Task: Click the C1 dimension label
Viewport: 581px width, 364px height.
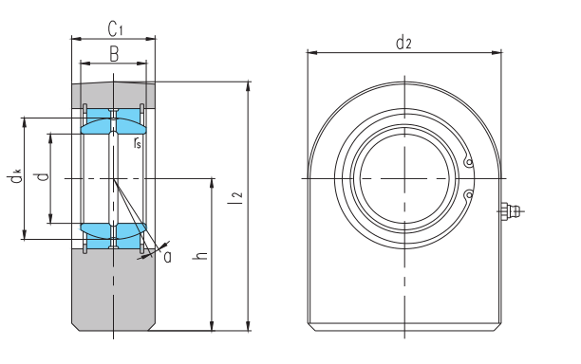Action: click(115, 29)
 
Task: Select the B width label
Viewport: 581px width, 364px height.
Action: click(114, 54)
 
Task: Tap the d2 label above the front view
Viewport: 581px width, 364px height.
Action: click(403, 42)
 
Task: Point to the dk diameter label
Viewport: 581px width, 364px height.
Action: click(15, 175)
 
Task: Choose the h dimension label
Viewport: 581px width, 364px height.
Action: click(200, 255)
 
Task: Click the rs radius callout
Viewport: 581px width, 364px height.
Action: click(137, 142)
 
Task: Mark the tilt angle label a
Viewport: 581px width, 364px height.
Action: click(167, 256)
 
